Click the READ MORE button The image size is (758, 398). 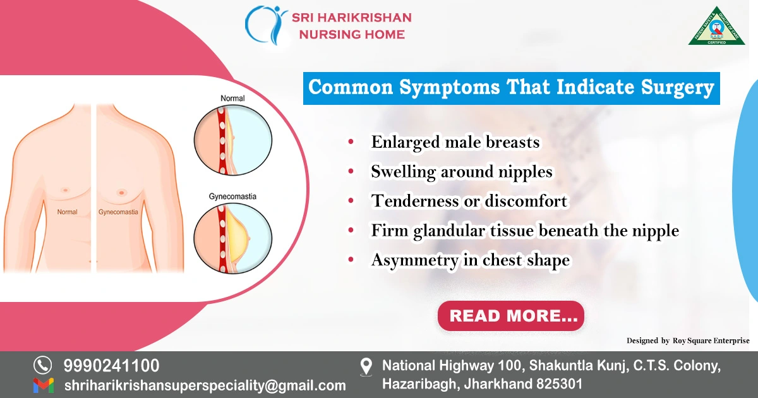coord(510,316)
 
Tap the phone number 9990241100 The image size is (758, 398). coord(111,365)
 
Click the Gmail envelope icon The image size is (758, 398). coord(43,385)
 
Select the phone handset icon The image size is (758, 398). coord(42,365)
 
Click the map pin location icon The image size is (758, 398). coord(366,367)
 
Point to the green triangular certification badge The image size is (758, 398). coord(716,28)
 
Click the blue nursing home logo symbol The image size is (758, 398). coord(265,25)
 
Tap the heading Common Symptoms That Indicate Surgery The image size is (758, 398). coord(510,88)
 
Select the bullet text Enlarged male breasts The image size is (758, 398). coord(455,142)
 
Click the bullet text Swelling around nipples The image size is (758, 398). coord(461,171)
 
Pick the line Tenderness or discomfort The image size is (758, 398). coord(469,201)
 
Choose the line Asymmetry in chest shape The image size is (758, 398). coord(470,260)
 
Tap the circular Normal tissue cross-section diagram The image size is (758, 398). coord(232,136)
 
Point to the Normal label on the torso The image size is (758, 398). coord(67,212)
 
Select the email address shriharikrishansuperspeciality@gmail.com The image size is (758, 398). coord(205,385)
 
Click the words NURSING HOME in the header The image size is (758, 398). coord(352,34)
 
